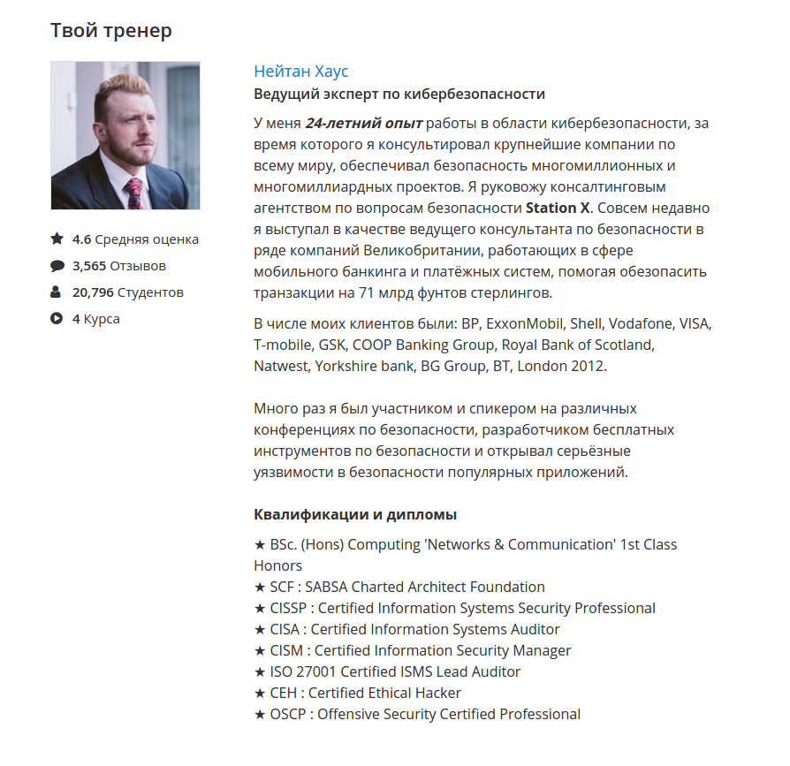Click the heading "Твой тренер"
[x=111, y=31]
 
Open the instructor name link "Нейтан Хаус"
[x=301, y=72]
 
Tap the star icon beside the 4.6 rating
[x=57, y=239]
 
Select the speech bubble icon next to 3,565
[x=57, y=265]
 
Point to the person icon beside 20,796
[x=57, y=292]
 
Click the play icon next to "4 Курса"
[x=57, y=318]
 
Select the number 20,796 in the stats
[x=93, y=292]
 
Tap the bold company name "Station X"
[x=557, y=209]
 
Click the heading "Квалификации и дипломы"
[x=355, y=514]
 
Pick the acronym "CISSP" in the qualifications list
[x=290, y=608]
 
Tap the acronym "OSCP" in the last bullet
[x=288, y=714]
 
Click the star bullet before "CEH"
[x=260, y=693]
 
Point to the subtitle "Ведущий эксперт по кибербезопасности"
[x=399, y=95]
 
